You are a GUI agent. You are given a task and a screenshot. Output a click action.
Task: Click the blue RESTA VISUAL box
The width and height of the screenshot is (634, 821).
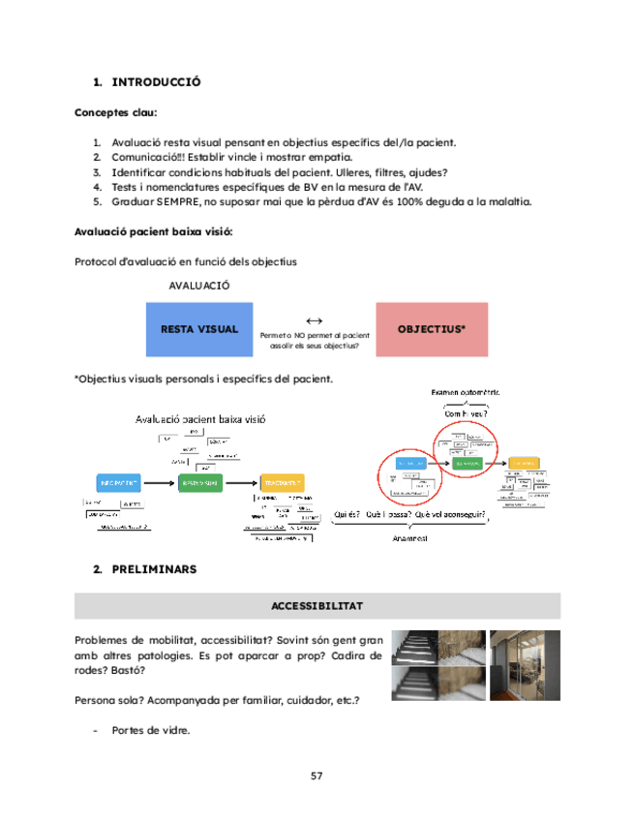click(x=198, y=329)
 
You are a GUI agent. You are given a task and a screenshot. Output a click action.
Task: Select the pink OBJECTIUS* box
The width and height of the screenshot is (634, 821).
click(x=432, y=329)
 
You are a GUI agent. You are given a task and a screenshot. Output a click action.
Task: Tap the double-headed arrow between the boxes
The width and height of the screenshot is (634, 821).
click(x=314, y=320)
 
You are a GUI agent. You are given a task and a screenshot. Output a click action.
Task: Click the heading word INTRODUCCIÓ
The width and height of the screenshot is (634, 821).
click(x=156, y=82)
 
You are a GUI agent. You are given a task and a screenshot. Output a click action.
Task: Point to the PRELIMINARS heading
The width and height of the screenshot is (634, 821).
click(x=154, y=569)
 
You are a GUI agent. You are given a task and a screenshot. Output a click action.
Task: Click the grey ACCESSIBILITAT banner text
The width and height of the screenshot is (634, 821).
click(x=317, y=605)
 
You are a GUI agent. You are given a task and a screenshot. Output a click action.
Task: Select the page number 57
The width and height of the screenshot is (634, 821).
click(x=317, y=776)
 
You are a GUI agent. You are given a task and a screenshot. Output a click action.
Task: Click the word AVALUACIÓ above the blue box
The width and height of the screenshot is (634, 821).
click(x=198, y=286)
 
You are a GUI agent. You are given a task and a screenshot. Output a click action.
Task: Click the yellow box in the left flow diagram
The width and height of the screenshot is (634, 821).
click(x=282, y=481)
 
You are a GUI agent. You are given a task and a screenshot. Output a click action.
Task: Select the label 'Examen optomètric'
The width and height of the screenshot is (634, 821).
click(x=465, y=392)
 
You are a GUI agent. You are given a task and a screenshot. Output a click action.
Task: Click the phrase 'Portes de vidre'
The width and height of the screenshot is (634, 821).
click(x=150, y=730)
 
